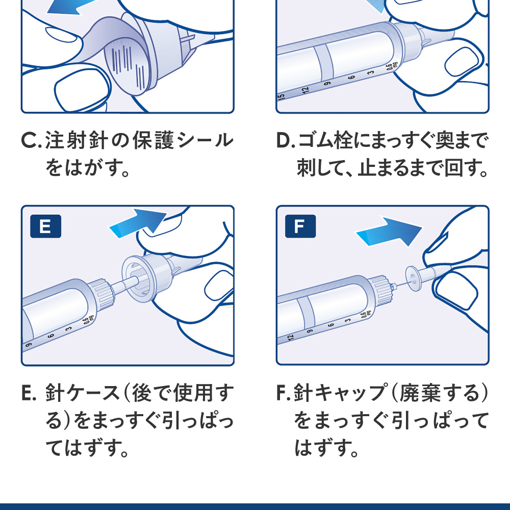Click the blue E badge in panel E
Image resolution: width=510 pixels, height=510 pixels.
click(45, 227)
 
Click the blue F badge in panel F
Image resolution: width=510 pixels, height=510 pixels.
click(299, 227)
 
